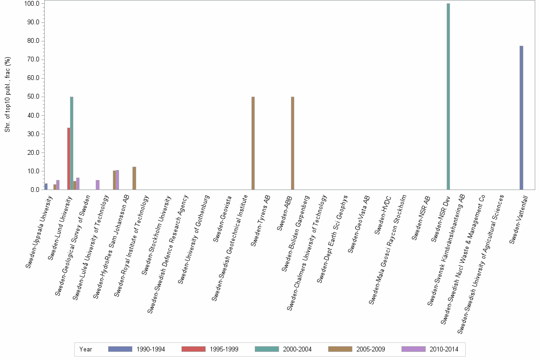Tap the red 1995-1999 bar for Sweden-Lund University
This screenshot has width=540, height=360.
pos(69,159)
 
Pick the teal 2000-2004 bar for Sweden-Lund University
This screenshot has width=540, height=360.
pos(71,143)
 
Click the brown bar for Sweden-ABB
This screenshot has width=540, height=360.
pos(292,143)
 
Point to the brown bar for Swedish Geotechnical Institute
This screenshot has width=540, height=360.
pos(253,143)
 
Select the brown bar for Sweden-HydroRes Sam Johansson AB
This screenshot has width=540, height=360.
pos(134,178)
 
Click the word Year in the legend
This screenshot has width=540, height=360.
pos(86,349)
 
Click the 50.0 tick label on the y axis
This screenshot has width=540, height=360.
pos(32,97)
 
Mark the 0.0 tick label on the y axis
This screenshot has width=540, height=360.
pos(34,190)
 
